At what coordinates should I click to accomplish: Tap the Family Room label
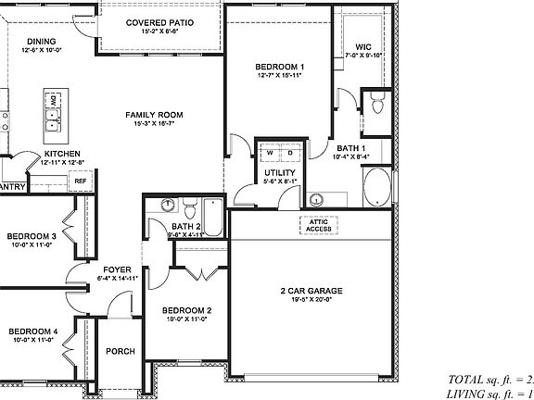154,115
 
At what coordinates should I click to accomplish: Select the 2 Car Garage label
311,291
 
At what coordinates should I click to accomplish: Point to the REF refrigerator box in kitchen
80,181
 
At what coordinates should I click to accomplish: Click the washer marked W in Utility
269,154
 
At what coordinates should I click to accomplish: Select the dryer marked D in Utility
286,154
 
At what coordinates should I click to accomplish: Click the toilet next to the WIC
377,104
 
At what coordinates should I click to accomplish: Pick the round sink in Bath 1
316,198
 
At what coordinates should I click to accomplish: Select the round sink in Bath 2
167,206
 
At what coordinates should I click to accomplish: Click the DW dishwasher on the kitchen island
53,99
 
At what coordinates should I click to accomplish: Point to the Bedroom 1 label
279,68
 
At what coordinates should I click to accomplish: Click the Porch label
120,351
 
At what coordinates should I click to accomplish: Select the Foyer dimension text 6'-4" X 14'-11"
116,278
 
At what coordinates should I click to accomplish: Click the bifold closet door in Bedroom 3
69,222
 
